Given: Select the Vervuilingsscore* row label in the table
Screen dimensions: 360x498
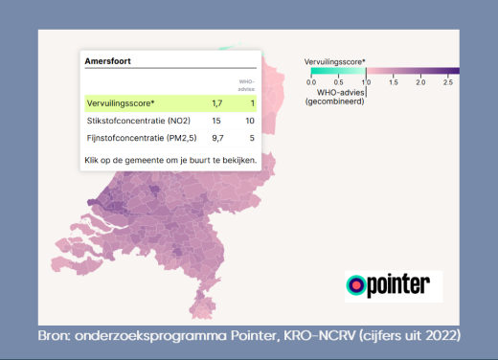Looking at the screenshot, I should coord(122,102).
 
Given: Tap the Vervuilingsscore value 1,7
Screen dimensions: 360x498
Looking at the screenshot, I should coord(217,102).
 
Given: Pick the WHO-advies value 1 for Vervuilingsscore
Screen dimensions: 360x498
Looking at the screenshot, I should coord(252,102).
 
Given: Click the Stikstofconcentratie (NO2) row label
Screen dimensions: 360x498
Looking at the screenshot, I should coord(136,122).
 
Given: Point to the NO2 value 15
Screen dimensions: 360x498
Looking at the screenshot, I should coord(217,122).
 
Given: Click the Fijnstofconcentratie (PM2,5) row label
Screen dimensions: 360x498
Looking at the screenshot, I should coord(137,140).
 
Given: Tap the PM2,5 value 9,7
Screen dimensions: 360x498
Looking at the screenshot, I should coord(216,140).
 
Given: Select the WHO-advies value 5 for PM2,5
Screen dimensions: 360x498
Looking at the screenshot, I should coord(252,140).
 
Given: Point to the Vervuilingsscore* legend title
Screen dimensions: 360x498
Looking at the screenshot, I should coord(335,60).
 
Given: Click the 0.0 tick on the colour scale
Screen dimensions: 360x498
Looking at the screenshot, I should coord(311,82).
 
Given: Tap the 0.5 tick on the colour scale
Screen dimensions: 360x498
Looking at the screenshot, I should coord(338,82).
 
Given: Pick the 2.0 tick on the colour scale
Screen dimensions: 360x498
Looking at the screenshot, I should coord(420,82).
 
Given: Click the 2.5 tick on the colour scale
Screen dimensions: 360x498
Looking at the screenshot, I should coord(447,82).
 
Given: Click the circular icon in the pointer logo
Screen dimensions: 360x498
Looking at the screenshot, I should coord(356,285).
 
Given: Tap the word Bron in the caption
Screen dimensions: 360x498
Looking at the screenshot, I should coord(56,336).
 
